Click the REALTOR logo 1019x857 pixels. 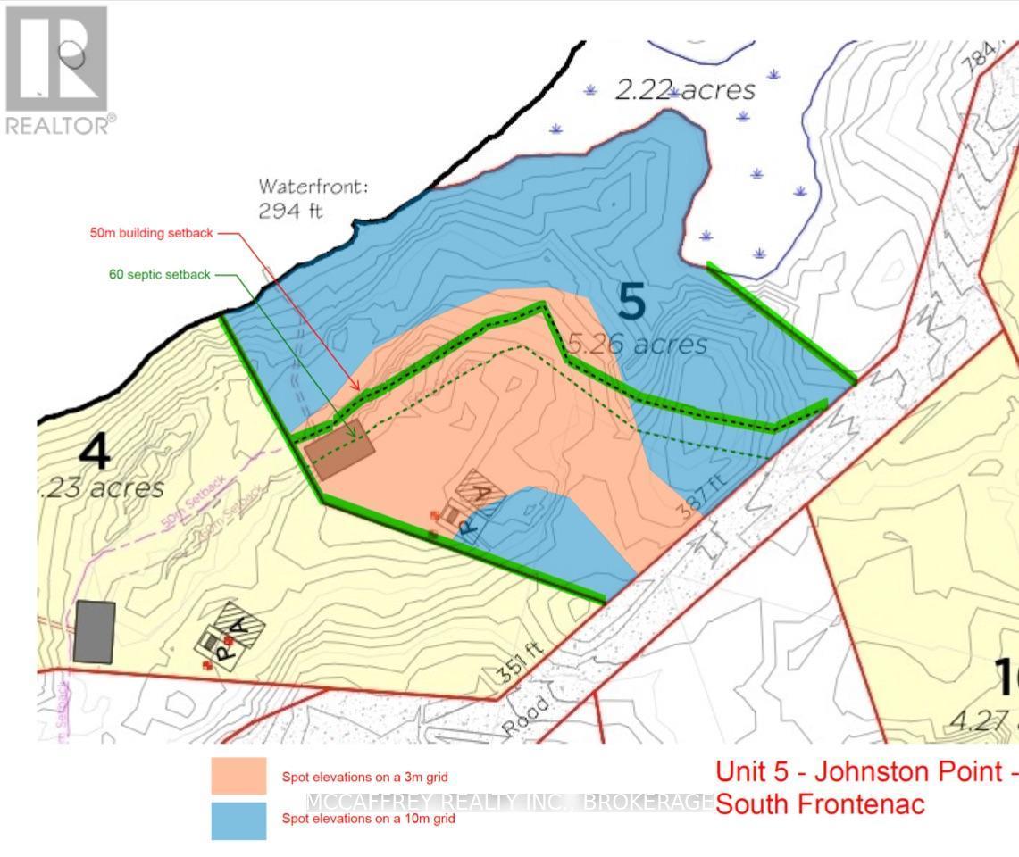57,70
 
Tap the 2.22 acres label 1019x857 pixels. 685,89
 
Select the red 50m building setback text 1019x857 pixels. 152,234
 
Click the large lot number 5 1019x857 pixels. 631,302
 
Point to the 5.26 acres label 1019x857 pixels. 638,344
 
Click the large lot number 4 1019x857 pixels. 95,452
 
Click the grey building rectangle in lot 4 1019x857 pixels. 95,631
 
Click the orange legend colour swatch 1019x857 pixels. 238,776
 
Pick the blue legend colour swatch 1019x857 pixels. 238,820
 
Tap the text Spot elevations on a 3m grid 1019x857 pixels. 364,778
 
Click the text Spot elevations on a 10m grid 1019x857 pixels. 368,819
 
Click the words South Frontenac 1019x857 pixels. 820,804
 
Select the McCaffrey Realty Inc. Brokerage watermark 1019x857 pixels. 509,802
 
